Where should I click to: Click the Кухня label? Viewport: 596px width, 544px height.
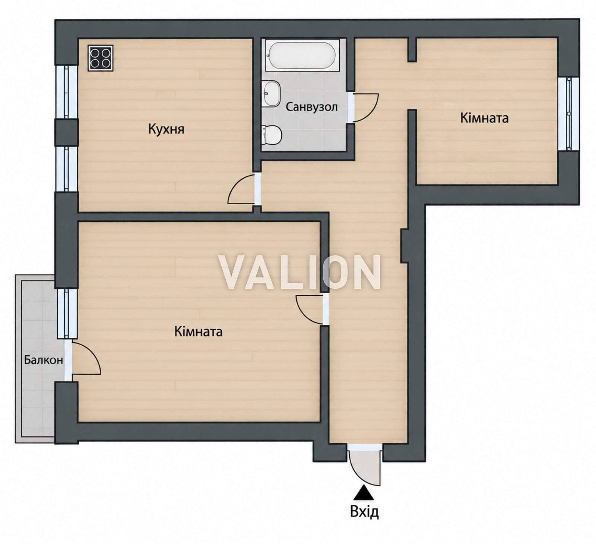tap(166, 129)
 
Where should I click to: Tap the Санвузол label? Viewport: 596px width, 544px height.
tap(311, 107)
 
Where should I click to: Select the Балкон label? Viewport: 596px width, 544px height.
tap(43, 360)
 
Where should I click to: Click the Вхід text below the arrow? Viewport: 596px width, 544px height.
tap(364, 512)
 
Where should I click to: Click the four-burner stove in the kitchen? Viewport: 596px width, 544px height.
tap(101, 58)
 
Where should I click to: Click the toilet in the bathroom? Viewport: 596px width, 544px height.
tap(271, 135)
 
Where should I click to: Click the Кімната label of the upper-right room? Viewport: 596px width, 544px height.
tap(484, 118)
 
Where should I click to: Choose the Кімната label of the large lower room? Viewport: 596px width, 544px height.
tap(198, 332)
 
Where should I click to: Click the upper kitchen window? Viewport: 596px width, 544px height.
tap(67, 92)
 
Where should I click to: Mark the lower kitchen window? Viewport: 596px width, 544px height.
tap(67, 169)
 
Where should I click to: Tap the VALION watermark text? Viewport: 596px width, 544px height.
tap(299, 272)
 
